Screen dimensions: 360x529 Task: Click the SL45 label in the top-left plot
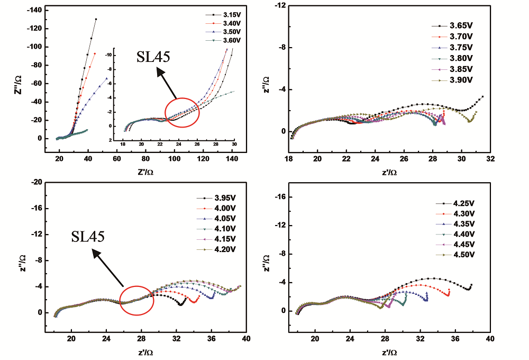pyautogui.click(x=154, y=57)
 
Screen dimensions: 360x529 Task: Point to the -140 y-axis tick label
pyautogui.click(x=33, y=10)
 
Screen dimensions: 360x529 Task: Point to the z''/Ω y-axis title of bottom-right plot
pyautogui.click(x=266, y=260)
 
